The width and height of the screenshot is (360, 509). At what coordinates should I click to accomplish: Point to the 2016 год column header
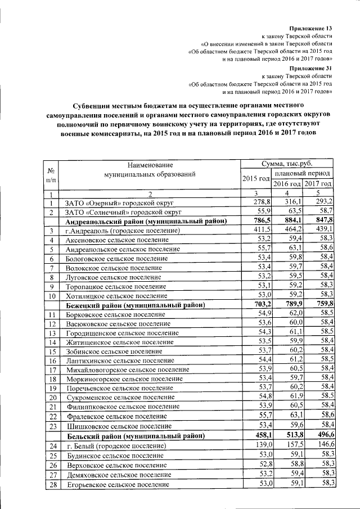tap(287, 183)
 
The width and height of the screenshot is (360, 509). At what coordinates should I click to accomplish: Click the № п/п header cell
tap(51, 174)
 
